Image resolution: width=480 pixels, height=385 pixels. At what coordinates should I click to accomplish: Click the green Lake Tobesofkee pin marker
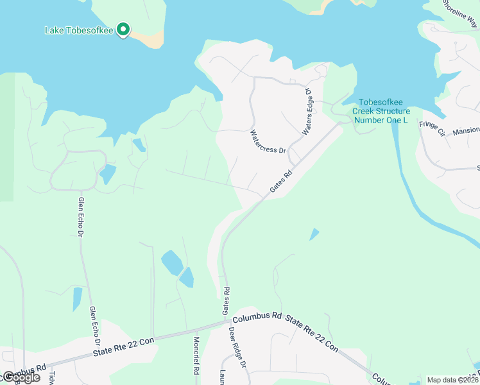point(124,30)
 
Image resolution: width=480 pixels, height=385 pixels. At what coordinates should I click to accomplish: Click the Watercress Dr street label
point(268,141)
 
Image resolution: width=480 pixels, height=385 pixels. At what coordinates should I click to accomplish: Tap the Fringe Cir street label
point(432,128)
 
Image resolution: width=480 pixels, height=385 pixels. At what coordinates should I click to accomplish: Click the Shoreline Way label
point(461,12)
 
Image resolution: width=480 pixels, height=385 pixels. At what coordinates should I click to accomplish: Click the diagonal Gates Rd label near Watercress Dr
point(280,181)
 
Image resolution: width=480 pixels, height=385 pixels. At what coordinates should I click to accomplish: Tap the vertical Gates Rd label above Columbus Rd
point(226,300)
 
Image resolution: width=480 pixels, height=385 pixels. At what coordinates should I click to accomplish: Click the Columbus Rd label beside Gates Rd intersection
point(257,316)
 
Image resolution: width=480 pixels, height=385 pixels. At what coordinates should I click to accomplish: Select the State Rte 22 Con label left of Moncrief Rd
point(124,346)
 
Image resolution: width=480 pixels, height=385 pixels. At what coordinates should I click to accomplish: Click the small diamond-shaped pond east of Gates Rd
point(314,234)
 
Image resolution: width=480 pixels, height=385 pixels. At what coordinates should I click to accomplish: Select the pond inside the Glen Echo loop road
point(107,174)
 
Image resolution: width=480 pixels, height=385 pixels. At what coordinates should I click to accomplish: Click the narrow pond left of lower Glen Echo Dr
point(77,299)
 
